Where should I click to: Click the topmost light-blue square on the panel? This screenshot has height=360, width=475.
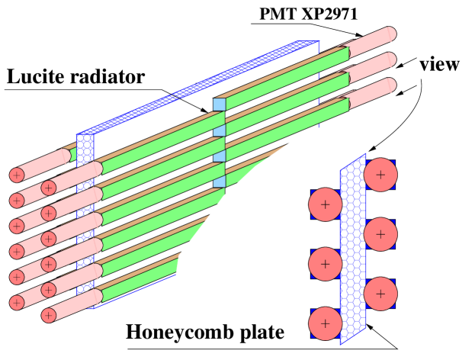pos(219,104)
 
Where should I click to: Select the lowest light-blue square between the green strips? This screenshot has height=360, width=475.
pos(219,181)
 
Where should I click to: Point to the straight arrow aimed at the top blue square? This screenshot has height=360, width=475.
pos(191,103)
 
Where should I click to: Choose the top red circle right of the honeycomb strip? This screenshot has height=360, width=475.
pos(380,175)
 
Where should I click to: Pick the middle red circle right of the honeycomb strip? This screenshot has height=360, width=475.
pos(380,234)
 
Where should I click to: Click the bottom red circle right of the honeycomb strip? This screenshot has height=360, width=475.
pos(380,294)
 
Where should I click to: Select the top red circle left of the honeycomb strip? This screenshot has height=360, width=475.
pos(326,204)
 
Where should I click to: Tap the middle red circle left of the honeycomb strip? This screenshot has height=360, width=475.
pos(326,264)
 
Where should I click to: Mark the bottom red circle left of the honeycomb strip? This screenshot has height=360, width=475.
pos(326,323)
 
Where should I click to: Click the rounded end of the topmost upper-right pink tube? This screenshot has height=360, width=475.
pos(390,35)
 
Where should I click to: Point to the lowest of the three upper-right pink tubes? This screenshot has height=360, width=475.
pos(374,92)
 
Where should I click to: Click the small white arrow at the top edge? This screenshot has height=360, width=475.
pos(275,3)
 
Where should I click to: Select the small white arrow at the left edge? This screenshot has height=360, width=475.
pos(3,233)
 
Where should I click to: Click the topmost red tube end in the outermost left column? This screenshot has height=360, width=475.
pos(17,175)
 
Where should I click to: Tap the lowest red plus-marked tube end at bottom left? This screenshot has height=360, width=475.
pos(49,315)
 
